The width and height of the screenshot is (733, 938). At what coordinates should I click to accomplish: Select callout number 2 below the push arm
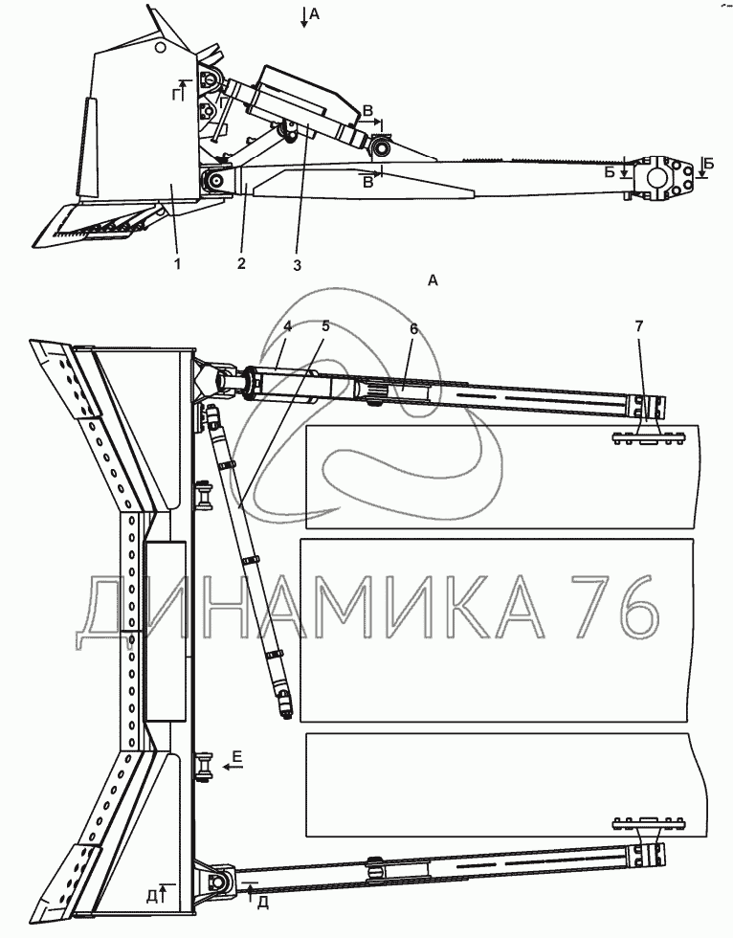coord(241,263)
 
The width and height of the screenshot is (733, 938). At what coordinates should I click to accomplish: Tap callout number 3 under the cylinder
coord(297,265)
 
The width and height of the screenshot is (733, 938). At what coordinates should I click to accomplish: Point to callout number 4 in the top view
coord(288,326)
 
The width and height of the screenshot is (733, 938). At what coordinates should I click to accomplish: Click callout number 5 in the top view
coord(325,326)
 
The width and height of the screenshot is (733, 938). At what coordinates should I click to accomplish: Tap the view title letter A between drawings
coord(433,280)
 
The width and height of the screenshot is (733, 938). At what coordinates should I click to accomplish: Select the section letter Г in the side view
coord(175,91)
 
